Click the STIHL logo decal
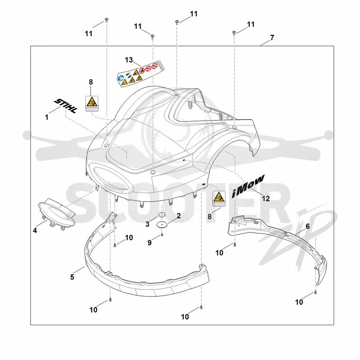[65, 106]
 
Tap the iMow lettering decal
[248, 186]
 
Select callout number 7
[272, 37]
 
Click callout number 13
[129, 60]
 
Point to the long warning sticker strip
[141, 74]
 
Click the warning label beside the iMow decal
[219, 198]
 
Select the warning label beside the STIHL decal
[92, 103]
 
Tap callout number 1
[47, 117]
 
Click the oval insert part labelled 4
[57, 213]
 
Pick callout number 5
[72, 277]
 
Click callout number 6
[308, 226]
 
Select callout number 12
[266, 198]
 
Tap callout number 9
[149, 243]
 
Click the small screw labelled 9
[162, 235]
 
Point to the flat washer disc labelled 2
[162, 224]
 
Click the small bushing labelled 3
[162, 215]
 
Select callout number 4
[35, 230]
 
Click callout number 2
[179, 216]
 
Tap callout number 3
[148, 224]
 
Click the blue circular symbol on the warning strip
[121, 78]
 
